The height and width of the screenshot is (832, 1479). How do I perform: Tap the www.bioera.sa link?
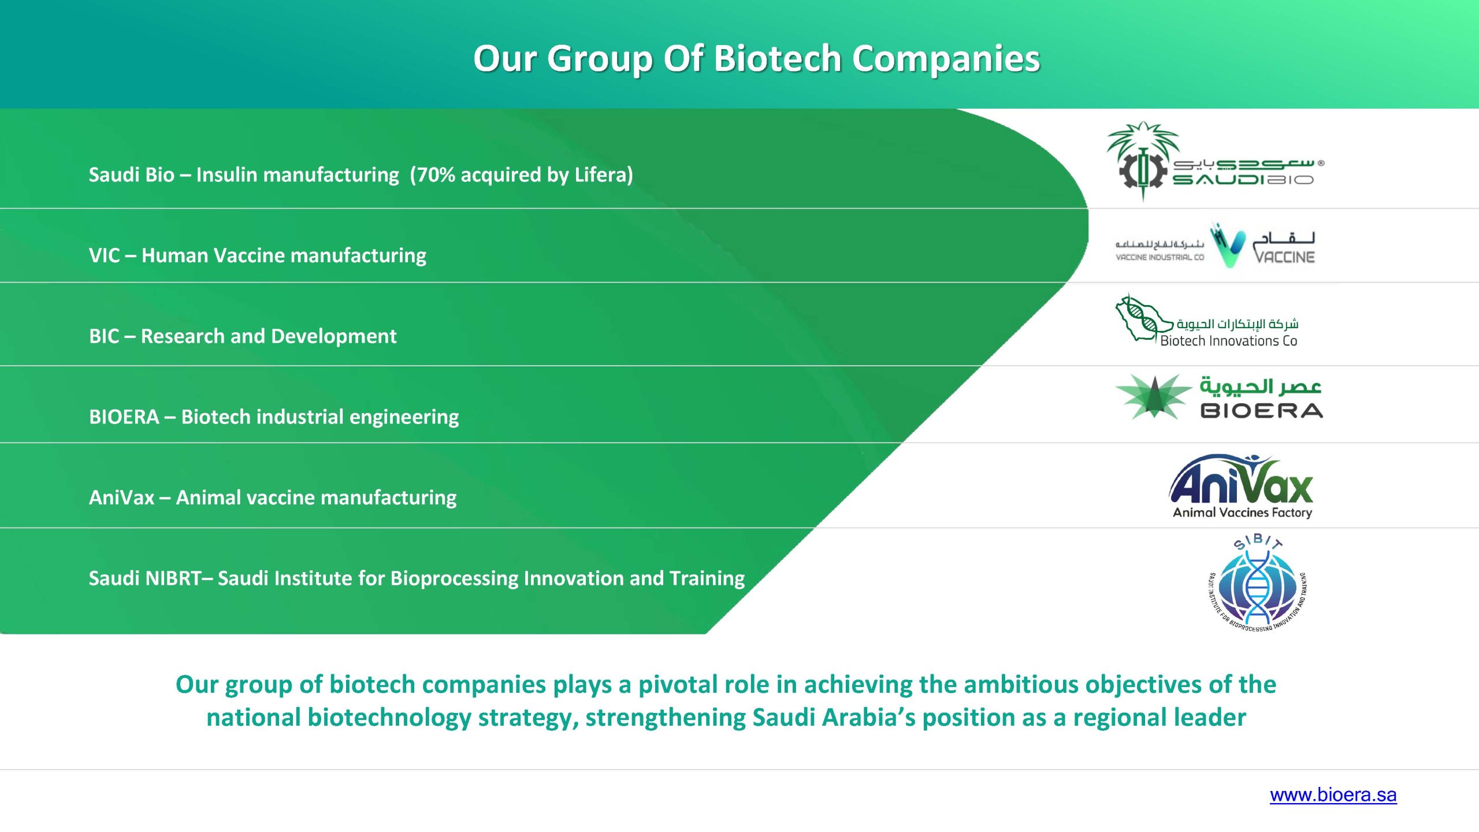click(x=1333, y=795)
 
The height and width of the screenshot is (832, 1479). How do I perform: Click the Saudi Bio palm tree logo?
click(x=1143, y=161)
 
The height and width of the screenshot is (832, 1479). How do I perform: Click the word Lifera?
click(x=600, y=174)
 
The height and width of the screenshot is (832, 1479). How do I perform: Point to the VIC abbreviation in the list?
click(x=104, y=255)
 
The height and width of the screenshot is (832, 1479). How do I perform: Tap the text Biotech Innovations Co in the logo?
click(x=1228, y=341)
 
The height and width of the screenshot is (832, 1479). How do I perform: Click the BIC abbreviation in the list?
click(x=104, y=336)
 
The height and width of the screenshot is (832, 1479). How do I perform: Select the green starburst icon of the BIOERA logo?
click(x=1153, y=397)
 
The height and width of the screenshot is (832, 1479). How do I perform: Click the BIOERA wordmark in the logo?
click(x=1261, y=411)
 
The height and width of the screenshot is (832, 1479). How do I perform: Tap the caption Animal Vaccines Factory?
click(x=1242, y=512)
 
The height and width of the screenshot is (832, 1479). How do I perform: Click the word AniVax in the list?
click(x=121, y=497)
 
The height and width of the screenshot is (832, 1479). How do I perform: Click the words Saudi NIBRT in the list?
click(x=145, y=578)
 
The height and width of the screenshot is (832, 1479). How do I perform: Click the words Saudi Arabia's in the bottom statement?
click(x=834, y=718)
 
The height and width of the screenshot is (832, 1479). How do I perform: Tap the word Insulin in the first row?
click(x=226, y=174)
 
